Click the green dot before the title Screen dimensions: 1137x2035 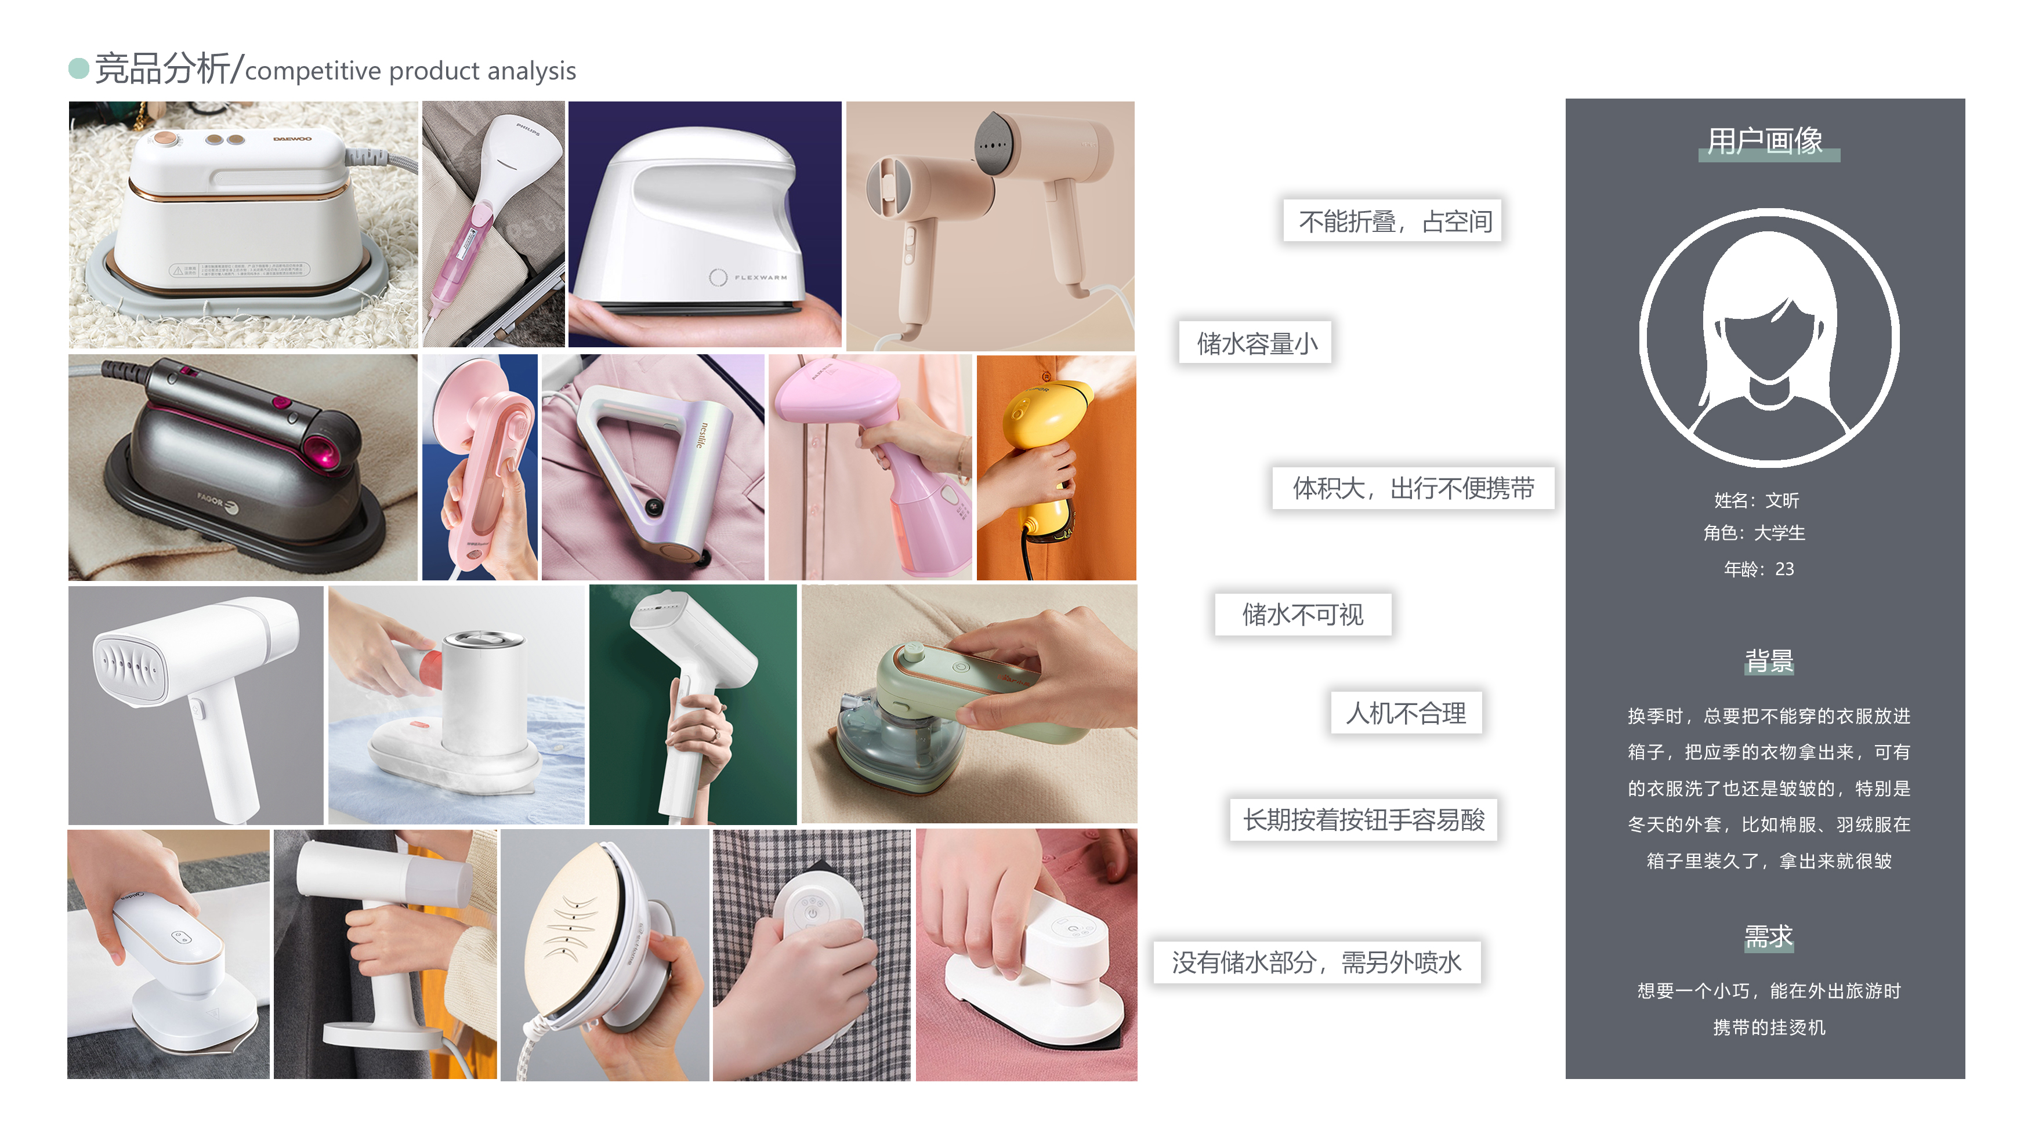tap(78, 68)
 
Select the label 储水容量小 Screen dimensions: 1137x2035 tap(1256, 343)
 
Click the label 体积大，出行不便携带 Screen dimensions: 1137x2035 tap(1413, 488)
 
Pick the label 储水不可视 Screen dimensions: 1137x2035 tap(1303, 614)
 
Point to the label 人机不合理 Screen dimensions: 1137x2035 tap(1406, 713)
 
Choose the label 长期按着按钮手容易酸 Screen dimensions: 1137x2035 tap(1363, 820)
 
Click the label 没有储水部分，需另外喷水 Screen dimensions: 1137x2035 tap(1316, 962)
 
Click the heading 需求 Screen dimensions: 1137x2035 tap(1768, 936)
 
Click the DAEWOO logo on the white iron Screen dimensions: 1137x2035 tap(292, 139)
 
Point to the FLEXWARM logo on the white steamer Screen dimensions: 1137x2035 tap(758, 277)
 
